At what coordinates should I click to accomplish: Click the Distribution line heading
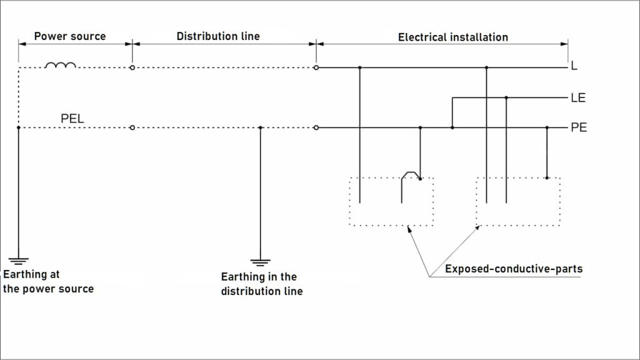pos(217,36)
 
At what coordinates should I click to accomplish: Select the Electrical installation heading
pos(452,37)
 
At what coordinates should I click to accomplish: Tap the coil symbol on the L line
pos(61,65)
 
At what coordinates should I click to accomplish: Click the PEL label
pos(72,117)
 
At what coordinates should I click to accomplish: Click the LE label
pos(577,98)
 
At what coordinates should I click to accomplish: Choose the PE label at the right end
pos(578,128)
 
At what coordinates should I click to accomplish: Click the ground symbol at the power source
pos(19,261)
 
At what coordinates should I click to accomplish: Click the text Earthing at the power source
pos(48,282)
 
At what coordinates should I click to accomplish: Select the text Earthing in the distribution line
pos(261,284)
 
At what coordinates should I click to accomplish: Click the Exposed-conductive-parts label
pos(513,269)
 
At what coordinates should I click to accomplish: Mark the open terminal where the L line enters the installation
pos(316,67)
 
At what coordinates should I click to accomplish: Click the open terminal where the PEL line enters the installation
pos(316,128)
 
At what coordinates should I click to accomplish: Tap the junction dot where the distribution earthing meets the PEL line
pos(261,128)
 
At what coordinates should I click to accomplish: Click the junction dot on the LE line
pos(506,97)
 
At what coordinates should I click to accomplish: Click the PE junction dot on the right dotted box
pos(547,178)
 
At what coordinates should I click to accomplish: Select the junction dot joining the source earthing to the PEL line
pos(19,128)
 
